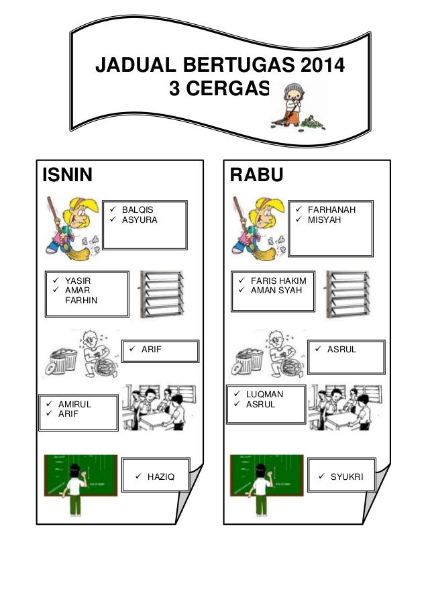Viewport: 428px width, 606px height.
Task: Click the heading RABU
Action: [x=257, y=175]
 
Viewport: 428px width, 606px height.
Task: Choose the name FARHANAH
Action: [x=331, y=209]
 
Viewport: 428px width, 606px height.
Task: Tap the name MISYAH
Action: [x=323, y=219]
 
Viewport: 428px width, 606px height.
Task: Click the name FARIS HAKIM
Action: [x=278, y=281]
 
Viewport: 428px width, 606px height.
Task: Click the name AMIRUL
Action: [x=74, y=405]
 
